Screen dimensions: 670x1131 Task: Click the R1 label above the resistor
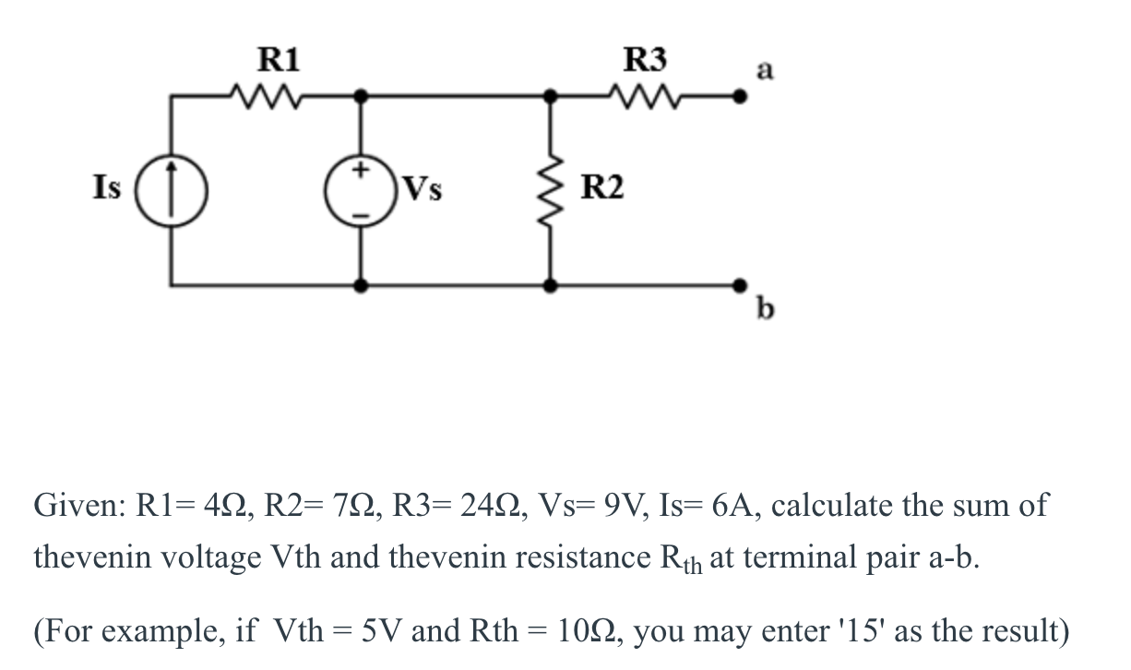[x=278, y=60]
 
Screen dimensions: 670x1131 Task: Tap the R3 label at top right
[x=645, y=60]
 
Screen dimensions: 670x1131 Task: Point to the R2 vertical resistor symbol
[x=552, y=189]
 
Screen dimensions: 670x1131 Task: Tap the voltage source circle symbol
[x=361, y=190]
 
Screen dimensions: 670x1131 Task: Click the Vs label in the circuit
[x=423, y=190]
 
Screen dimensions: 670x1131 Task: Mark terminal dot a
[x=738, y=94]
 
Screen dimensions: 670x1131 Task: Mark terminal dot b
[x=738, y=285]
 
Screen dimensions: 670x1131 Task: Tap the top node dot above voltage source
[x=361, y=94]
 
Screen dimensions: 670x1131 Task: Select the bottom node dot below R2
[x=552, y=286]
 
